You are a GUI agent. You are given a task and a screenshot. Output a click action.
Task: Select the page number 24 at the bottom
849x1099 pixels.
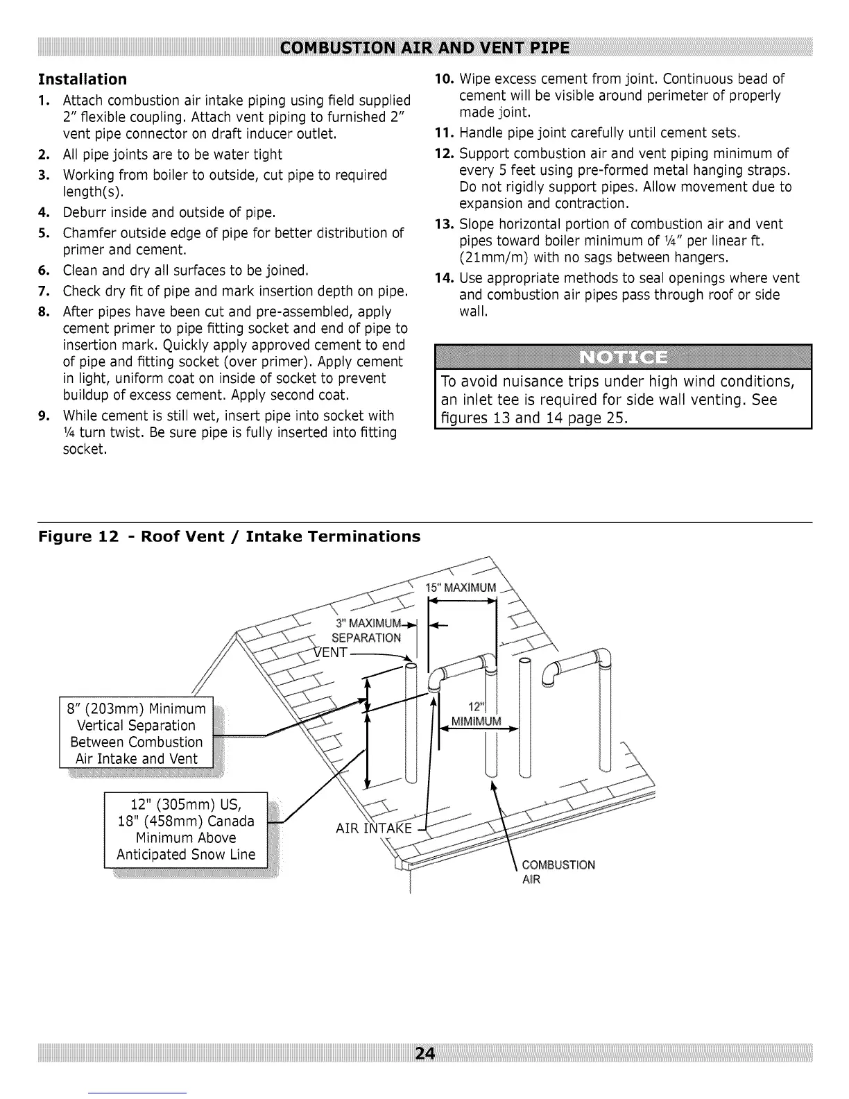[x=424, y=1053]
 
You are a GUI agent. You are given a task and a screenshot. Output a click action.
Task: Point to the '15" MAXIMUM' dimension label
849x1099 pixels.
[x=461, y=588]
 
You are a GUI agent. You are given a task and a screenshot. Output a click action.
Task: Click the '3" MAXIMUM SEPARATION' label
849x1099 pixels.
[x=366, y=629]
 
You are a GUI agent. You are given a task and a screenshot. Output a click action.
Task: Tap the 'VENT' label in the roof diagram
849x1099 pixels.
[x=331, y=653]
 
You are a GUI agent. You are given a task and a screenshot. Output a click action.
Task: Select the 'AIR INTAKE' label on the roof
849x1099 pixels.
[x=374, y=828]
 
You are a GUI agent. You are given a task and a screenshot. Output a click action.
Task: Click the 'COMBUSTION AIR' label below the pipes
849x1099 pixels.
[x=558, y=872]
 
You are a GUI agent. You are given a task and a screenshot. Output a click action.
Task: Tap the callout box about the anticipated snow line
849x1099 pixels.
[x=186, y=829]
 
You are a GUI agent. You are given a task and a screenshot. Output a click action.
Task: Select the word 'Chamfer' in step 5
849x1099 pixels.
[x=89, y=232]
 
